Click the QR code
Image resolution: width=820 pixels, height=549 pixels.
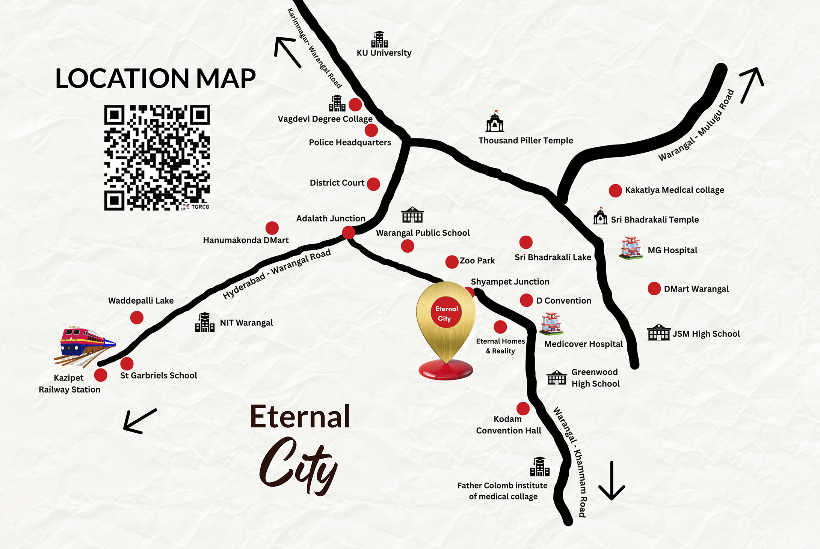click(157, 158)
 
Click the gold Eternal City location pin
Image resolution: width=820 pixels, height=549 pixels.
click(446, 323)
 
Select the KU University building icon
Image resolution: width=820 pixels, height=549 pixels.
click(379, 39)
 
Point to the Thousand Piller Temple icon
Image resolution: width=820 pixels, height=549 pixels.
click(495, 122)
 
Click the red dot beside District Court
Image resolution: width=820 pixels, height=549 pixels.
click(373, 184)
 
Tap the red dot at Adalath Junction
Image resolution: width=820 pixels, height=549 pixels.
click(349, 232)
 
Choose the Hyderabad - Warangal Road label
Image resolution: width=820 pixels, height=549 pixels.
click(276, 274)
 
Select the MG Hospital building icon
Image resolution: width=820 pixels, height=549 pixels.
click(631, 248)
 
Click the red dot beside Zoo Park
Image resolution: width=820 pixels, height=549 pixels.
click(452, 262)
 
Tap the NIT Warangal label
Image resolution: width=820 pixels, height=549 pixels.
click(246, 323)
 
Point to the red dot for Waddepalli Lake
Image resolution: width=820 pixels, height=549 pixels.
click(137, 318)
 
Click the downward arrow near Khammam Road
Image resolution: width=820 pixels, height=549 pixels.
click(612, 481)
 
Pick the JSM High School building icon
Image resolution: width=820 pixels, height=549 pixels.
click(658, 332)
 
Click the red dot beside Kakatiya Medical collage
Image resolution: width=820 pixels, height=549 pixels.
click(615, 191)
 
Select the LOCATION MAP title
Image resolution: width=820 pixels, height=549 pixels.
click(155, 79)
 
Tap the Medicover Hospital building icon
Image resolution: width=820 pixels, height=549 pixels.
click(551, 323)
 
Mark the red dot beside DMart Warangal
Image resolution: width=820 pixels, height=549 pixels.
click(654, 289)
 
